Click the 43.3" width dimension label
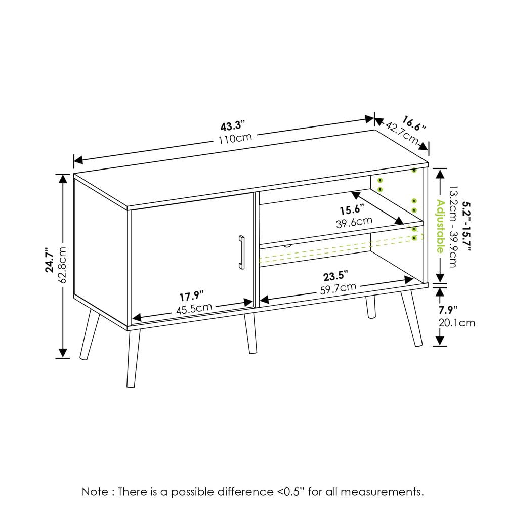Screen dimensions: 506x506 [x=233, y=125]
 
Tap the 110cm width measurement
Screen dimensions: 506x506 [x=235, y=139]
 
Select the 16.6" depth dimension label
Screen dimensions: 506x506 [x=414, y=123]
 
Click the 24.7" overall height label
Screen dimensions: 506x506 [x=50, y=260]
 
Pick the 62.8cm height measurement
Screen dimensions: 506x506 [x=63, y=265]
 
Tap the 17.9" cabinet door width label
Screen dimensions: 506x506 [x=192, y=296]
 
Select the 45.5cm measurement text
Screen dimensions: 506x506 [x=194, y=309]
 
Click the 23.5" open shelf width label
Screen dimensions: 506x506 [x=335, y=276]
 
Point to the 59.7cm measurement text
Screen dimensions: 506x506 [x=338, y=288]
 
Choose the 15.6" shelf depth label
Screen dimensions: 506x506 [x=352, y=210]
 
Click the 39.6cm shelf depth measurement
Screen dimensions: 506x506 [x=354, y=222]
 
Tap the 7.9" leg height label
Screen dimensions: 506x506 [x=448, y=310]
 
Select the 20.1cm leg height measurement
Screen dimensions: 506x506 [x=456, y=323]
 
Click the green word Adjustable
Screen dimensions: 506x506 [x=440, y=226]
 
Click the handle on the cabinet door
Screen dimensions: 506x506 [x=241, y=252]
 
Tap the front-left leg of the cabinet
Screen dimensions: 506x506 [x=133, y=358]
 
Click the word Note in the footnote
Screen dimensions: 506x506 [x=95, y=492]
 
